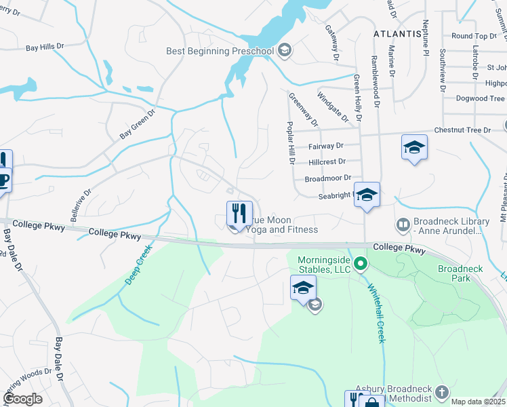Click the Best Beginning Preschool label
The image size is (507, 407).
[220, 51]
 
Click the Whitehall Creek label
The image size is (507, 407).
[376, 312]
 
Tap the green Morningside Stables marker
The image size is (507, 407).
[361, 263]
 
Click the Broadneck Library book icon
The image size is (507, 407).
[403, 224]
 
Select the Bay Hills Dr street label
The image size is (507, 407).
[45, 47]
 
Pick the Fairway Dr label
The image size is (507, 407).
[326, 146]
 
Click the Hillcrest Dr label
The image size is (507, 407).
[327, 162]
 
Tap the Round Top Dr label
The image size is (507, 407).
[474, 36]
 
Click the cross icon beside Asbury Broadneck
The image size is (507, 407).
[442, 393]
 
